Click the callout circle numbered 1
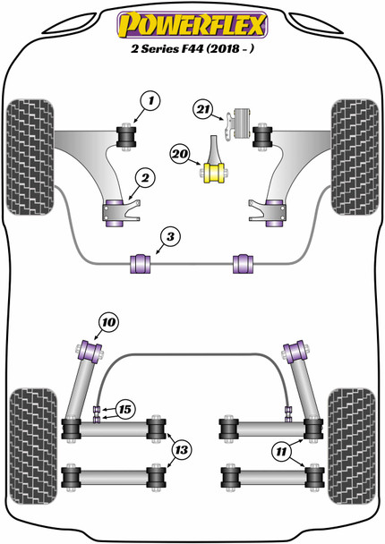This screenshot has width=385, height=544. tap(150, 102)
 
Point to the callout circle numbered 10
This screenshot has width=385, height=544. tap(108, 321)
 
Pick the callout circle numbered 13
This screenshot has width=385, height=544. tap(182, 449)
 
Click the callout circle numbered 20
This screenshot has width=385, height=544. tap(183, 157)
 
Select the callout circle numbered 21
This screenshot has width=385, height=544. tap(204, 110)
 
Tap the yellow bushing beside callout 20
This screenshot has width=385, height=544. tap(214, 169)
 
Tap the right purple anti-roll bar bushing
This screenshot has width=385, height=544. tap(242, 263)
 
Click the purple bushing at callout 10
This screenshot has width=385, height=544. tap(90, 348)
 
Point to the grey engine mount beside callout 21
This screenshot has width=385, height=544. tap(240, 123)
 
